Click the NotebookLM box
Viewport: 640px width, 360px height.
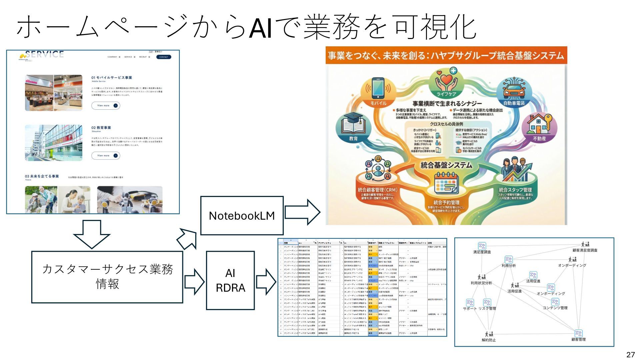point(242,216)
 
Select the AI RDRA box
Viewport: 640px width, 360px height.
point(230,280)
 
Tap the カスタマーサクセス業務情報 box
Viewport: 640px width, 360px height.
point(107,277)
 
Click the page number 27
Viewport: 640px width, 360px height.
point(630,354)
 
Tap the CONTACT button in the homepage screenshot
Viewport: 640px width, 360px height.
point(164,57)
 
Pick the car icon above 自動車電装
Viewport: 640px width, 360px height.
point(514,88)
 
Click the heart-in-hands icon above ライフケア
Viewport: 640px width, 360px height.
point(446,80)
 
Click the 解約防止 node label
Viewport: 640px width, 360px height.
point(489,340)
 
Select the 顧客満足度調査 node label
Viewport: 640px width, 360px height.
point(585,250)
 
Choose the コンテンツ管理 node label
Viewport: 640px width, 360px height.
point(555,308)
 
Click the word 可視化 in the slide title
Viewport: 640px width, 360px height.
point(435,27)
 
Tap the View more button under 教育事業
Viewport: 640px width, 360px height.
point(106,156)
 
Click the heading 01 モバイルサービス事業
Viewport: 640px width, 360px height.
point(112,78)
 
